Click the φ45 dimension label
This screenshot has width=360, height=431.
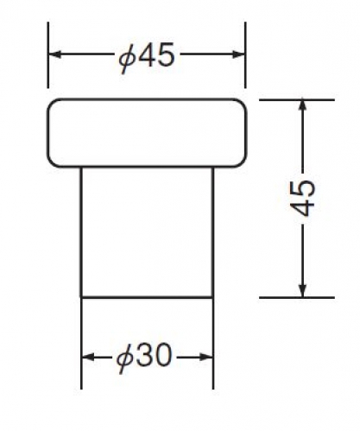click(x=147, y=56)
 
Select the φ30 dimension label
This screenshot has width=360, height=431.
click(x=144, y=357)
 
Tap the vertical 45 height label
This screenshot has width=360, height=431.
click(x=302, y=198)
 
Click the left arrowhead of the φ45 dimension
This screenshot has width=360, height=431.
click(x=54, y=54)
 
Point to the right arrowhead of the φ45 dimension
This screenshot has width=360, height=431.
click(x=238, y=54)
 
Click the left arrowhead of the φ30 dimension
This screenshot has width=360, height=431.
click(x=88, y=357)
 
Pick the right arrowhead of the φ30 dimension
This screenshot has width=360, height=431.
click(x=206, y=357)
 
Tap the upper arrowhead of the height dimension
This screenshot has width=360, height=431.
click(x=302, y=106)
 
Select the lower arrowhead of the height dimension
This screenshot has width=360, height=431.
click(x=302, y=290)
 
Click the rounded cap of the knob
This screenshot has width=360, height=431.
click(x=147, y=133)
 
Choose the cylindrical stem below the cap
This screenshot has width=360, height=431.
click(x=147, y=232)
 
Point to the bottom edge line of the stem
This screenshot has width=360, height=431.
click(x=147, y=297)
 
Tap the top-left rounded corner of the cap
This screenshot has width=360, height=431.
click(x=51, y=103)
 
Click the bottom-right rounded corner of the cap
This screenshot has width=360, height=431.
click(x=243, y=163)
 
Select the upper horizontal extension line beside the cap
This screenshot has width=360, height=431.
click(x=297, y=100)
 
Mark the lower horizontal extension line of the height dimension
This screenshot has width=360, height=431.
click(x=297, y=297)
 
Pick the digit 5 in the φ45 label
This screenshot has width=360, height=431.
click(x=166, y=54)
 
